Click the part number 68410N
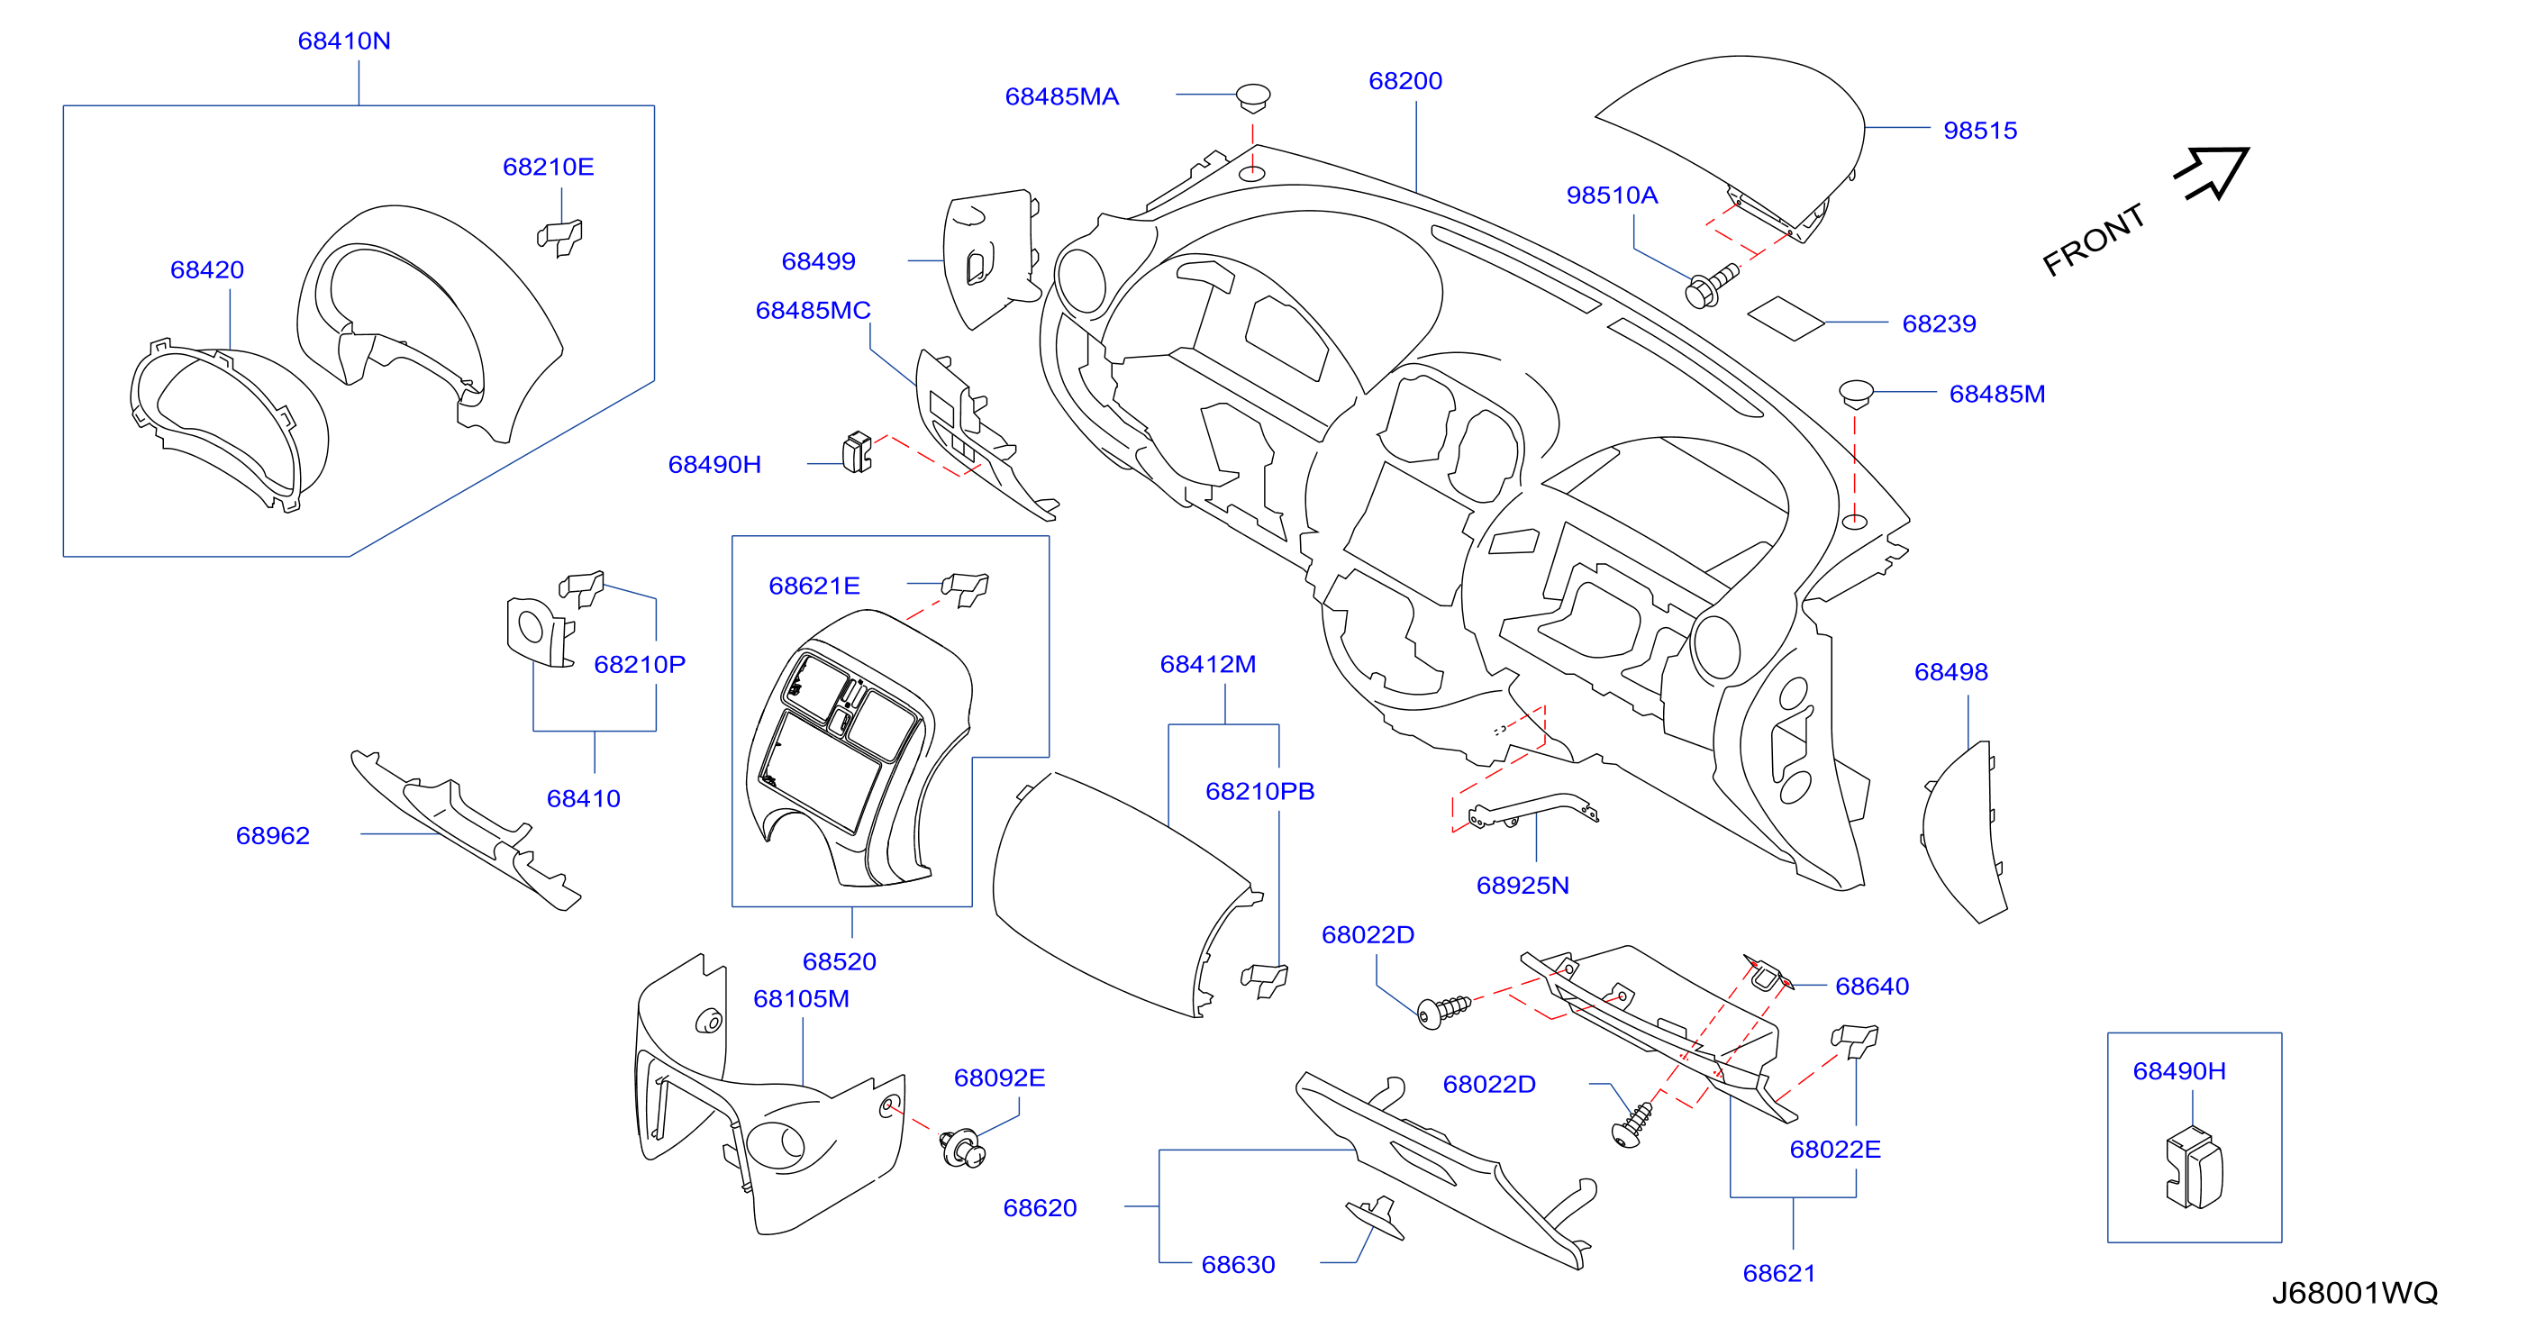pos(343,41)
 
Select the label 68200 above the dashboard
pos(1404,81)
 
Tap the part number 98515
pos(1980,130)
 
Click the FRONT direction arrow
pos(2213,173)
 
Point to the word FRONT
pos(2094,241)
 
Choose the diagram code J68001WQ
pos(2354,1293)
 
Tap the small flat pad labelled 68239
pos(1786,319)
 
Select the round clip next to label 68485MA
pos(1253,96)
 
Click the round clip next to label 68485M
pos(1856,394)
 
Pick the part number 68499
pos(818,261)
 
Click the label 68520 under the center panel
pos(839,961)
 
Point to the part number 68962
pos(273,835)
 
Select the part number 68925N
pos(1522,885)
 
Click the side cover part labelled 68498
pos(1964,832)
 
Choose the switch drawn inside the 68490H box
pos(2194,1169)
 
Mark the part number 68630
pos(1238,1264)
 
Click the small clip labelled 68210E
pos(559,237)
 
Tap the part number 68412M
pos(1207,665)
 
